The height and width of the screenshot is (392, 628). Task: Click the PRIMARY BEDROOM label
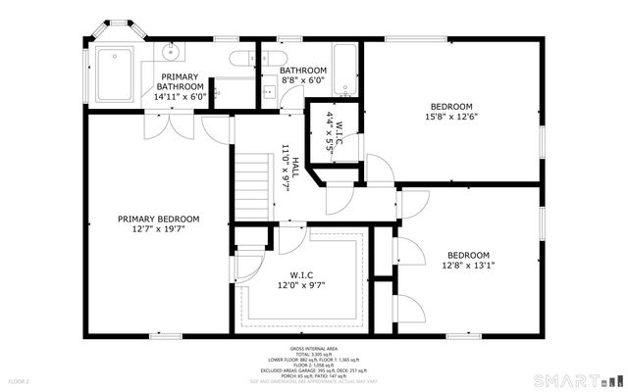click(158, 219)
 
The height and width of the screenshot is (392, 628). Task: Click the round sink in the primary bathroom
click(172, 49)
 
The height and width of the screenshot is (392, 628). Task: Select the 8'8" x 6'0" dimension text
click(302, 82)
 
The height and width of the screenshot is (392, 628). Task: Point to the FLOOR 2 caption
click(20, 380)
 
